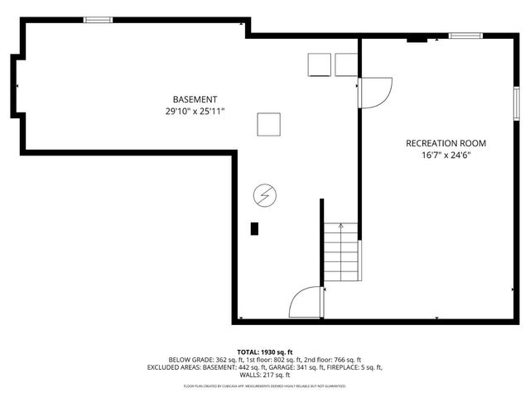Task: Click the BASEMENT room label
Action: click(x=195, y=99)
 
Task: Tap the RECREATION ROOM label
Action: click(x=446, y=143)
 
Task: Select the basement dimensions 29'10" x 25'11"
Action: click(x=195, y=111)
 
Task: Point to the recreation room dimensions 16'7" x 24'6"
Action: click(x=446, y=155)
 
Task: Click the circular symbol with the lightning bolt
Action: click(x=265, y=196)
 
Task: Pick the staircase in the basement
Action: click(x=342, y=252)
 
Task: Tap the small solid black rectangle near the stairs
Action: click(x=255, y=229)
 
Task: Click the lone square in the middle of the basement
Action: click(x=268, y=124)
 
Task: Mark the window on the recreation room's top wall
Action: click(x=465, y=36)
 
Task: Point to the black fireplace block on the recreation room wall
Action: click(x=417, y=38)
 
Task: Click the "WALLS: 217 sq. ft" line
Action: click(x=265, y=375)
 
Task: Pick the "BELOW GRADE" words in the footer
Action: click(x=190, y=360)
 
